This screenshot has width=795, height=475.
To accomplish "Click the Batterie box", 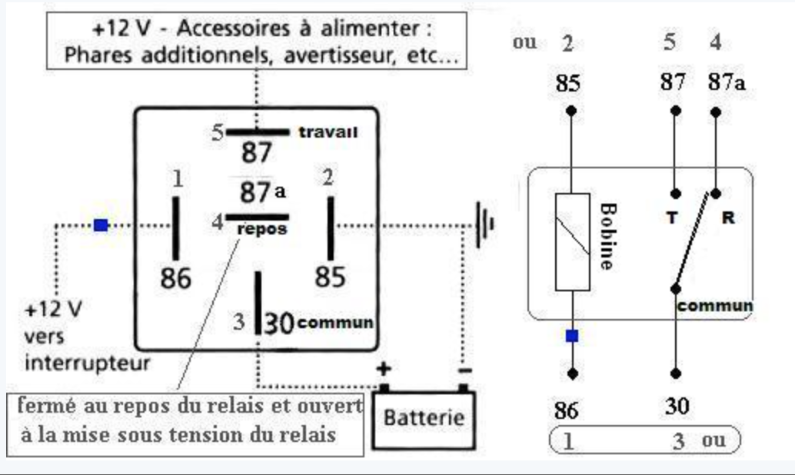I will pyautogui.click(x=424, y=420).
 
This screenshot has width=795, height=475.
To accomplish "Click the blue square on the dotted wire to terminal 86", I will pyautogui.click(x=101, y=225).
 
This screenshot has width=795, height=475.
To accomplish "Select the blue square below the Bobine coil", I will pyautogui.click(x=572, y=336).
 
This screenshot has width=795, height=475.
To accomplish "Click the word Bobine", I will pyautogui.click(x=607, y=236).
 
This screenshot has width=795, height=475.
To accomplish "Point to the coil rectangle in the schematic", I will pyautogui.click(x=572, y=242).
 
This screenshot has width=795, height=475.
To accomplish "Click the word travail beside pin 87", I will pyautogui.click(x=328, y=132).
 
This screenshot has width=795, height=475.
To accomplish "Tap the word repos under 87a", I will pyautogui.click(x=262, y=229).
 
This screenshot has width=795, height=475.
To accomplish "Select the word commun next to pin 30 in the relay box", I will pyautogui.click(x=335, y=323).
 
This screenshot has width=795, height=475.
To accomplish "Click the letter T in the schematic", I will pyautogui.click(x=671, y=218).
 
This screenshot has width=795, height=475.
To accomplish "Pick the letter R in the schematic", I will pyautogui.click(x=727, y=218).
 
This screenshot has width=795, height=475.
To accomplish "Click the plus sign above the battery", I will pyautogui.click(x=383, y=369).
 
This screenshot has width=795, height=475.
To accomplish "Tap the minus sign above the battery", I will pyautogui.click(x=464, y=370).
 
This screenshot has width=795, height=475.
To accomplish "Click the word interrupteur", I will pyautogui.click(x=87, y=362).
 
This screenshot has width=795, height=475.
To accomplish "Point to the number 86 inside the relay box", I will pyautogui.click(x=175, y=278).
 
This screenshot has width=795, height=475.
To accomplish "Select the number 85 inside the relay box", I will pyautogui.click(x=330, y=277).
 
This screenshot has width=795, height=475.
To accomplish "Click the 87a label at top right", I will pyautogui.click(x=727, y=81).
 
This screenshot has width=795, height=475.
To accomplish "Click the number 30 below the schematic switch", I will pyautogui.click(x=677, y=407).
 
